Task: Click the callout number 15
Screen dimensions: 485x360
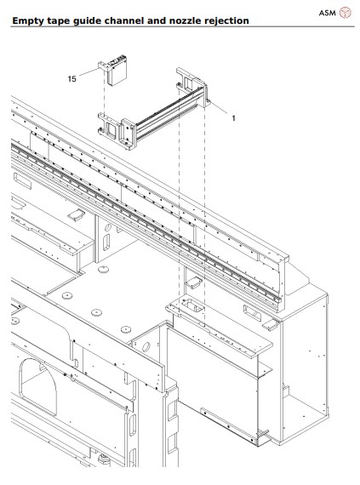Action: [71, 78]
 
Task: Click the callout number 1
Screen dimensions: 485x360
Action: [234, 118]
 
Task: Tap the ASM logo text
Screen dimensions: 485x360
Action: [327, 12]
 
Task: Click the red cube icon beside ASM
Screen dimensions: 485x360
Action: [345, 12]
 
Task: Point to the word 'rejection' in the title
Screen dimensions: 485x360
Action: [226, 20]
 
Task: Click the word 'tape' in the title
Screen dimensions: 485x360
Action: [63, 20]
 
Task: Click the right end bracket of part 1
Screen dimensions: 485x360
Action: [191, 89]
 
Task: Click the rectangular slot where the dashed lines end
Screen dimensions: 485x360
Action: [191, 305]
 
